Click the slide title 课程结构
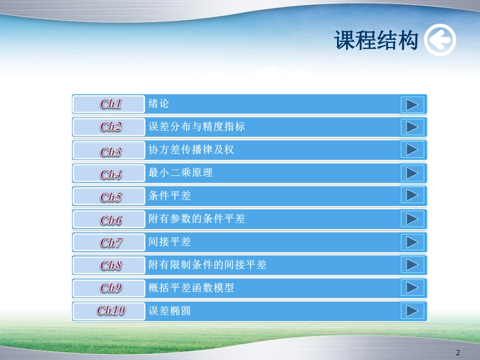376,40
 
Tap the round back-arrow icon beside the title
440,40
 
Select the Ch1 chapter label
111,105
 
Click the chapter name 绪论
159,104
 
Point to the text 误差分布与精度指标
197,127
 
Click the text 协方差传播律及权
191,150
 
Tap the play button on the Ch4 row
412,173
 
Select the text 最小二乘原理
180,173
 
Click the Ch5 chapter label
111,197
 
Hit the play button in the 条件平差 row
412,195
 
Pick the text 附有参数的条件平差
197,219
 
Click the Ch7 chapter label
111,242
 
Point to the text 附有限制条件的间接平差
207,265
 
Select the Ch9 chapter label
111,288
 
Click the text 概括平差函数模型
191,288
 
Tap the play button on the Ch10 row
412,311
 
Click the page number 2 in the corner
458,352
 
